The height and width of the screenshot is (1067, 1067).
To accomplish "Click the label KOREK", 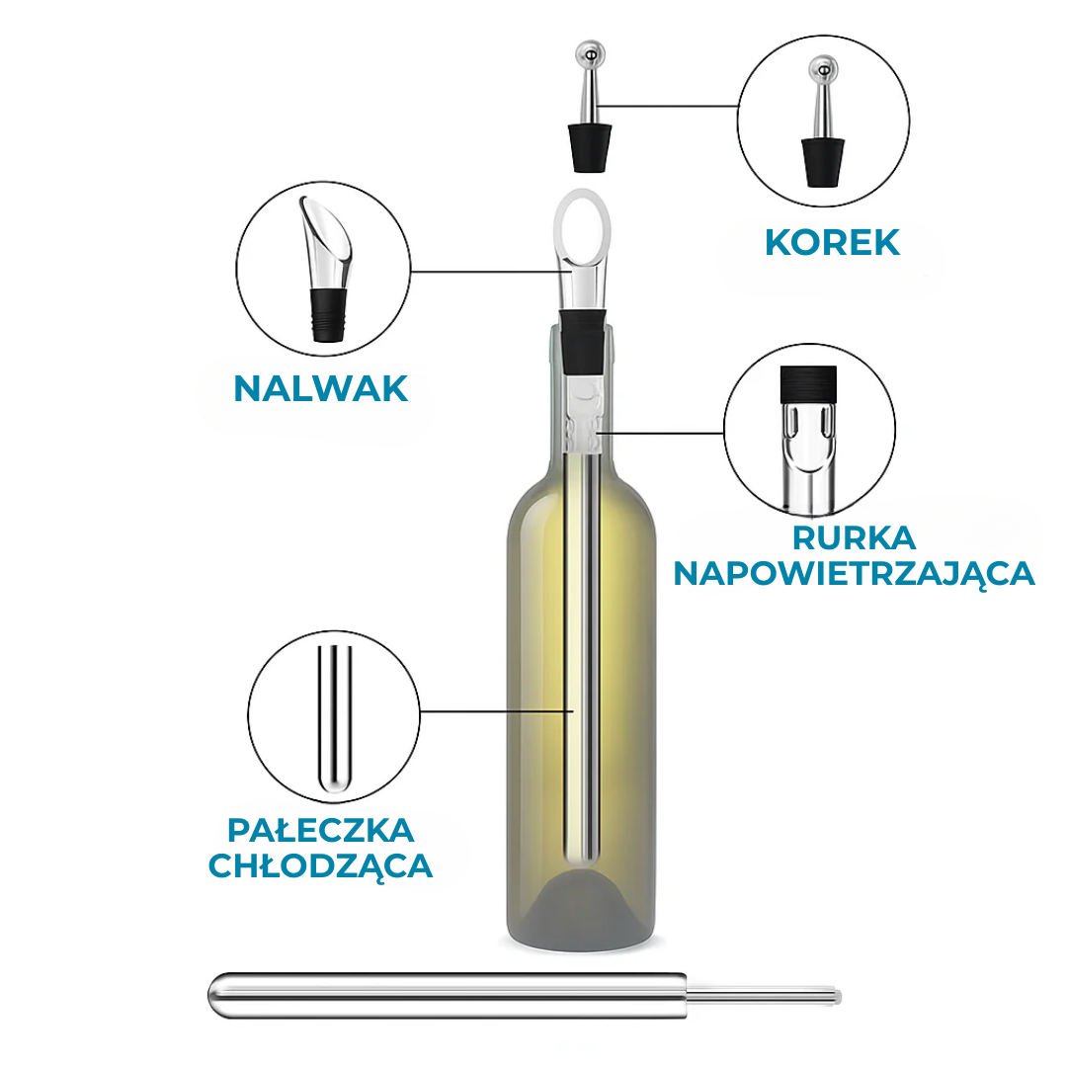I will [832, 242].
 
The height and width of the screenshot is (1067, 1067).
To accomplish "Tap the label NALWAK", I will [320, 388].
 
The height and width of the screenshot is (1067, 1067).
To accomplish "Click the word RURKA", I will [854, 538].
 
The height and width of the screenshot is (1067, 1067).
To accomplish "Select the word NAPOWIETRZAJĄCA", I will [854, 573].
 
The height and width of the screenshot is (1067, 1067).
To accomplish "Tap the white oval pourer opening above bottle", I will [582, 225].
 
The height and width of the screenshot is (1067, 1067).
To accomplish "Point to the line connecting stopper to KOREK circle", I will [672, 106].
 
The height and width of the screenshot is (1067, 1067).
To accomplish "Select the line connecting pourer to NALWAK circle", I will [484, 271].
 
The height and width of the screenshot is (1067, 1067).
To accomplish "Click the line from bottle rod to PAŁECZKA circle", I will [494, 710].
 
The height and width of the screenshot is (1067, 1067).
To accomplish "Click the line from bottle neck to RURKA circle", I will [662, 433].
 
